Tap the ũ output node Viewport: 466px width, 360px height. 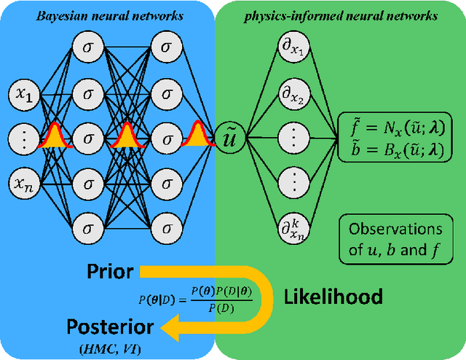point(227,136)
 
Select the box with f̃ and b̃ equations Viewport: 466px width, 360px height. point(392,137)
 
